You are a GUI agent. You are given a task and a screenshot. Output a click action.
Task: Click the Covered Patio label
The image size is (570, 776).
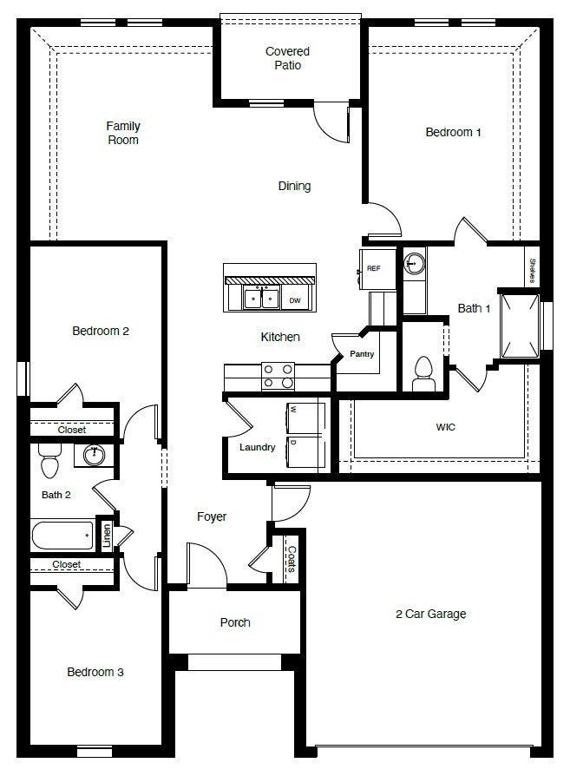point(287,58)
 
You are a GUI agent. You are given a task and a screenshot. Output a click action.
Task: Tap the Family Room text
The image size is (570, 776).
point(123,133)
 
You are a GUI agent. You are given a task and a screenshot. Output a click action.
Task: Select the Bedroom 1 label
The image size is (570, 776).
point(453,132)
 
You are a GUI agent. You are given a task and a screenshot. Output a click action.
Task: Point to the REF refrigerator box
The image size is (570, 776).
point(374,268)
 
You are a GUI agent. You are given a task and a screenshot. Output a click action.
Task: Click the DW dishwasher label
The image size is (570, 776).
point(295,300)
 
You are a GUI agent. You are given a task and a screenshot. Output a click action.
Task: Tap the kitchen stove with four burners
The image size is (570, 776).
point(278,376)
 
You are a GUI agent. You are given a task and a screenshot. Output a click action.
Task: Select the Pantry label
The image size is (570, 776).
point(362,354)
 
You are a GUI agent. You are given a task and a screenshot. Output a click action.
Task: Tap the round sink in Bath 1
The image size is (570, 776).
point(415,263)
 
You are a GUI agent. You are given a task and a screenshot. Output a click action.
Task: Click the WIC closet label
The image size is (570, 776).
point(445,427)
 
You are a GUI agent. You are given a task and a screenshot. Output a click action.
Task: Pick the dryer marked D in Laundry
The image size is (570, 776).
point(306,451)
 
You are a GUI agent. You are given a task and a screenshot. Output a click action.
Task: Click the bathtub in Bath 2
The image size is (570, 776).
point(62,535)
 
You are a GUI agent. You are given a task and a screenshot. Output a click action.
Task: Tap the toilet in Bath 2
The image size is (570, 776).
point(49,463)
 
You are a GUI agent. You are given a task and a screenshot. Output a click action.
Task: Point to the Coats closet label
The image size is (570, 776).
point(292,560)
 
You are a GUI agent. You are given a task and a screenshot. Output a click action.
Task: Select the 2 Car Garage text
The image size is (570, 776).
point(430,614)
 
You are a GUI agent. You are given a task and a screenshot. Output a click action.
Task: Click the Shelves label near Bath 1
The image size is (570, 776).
point(531,269)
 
